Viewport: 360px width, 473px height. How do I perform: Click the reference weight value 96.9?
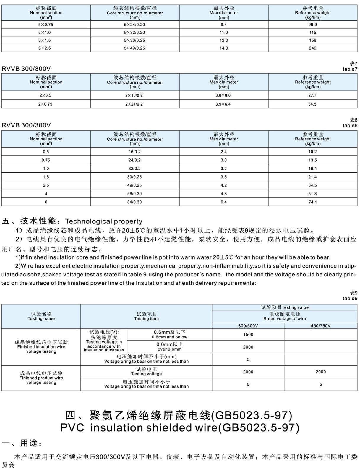pyautogui.click(x=312, y=25)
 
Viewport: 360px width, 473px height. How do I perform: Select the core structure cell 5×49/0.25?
pyautogui.click(x=134, y=48)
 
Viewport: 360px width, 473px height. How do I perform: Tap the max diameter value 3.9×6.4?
pyautogui.click(x=223, y=104)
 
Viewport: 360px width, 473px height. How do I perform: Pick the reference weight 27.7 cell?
pyautogui.click(x=312, y=95)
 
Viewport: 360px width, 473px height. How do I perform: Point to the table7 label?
pyautogui.click(x=350, y=69)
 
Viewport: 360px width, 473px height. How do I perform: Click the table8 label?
pyautogui.click(x=350, y=125)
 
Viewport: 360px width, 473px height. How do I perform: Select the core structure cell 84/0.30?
pyautogui.click(x=134, y=202)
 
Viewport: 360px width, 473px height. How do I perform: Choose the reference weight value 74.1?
pyautogui.click(x=312, y=202)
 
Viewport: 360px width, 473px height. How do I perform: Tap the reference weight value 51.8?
pyautogui.click(x=312, y=194)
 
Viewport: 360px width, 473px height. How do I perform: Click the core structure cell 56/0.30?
pyautogui.click(x=134, y=194)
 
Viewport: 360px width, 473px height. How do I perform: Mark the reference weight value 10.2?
pyautogui.click(x=312, y=152)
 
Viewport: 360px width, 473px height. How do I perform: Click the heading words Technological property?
pyautogui.click(x=104, y=221)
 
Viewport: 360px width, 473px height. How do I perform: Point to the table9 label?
pyautogui.click(x=350, y=298)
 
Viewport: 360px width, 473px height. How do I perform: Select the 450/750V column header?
pyautogui.click(x=320, y=326)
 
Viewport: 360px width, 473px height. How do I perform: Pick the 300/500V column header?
pyautogui.click(x=248, y=326)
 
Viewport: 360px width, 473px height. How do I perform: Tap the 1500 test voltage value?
pyautogui.click(x=248, y=335)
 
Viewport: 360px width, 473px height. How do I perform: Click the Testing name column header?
pyautogui.click(x=41, y=316)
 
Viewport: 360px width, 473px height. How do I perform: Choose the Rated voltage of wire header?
pyautogui.click(x=285, y=316)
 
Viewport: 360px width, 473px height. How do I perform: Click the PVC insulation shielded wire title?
pyautogui.click(x=180, y=428)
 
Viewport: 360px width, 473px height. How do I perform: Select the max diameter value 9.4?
pyautogui.click(x=223, y=25)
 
